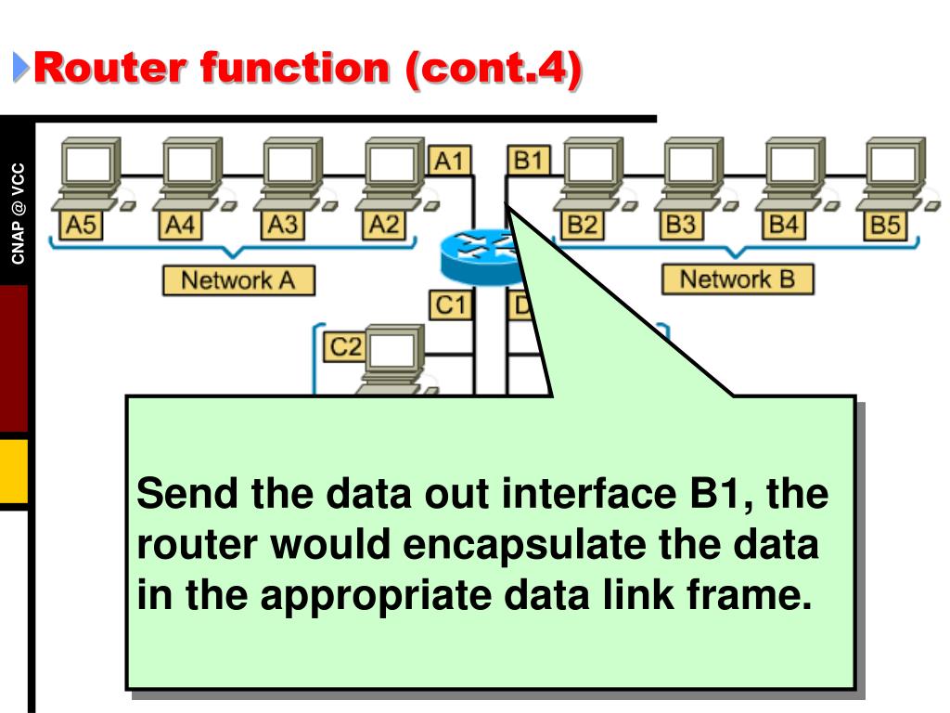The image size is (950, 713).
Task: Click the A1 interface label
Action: (x=449, y=162)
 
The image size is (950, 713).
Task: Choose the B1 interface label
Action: (x=528, y=162)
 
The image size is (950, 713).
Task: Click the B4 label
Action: (x=784, y=225)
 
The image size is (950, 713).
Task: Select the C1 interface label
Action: (x=450, y=305)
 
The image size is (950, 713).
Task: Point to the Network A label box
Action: (x=237, y=280)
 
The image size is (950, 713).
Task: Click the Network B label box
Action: (x=737, y=279)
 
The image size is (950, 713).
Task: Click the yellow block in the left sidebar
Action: (x=14, y=471)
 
